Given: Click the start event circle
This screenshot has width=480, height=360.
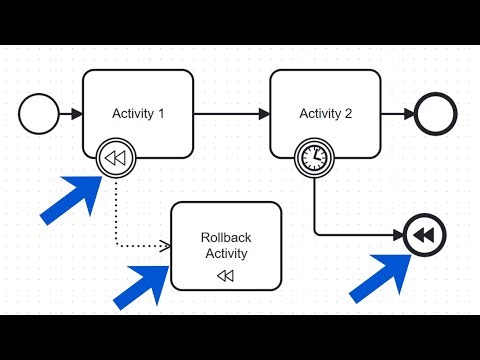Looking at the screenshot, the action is pyautogui.click(x=40, y=114).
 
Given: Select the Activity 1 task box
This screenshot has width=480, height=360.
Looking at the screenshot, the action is pyautogui.click(x=138, y=90).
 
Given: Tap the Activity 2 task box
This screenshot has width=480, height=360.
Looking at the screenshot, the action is pyautogui.click(x=326, y=90).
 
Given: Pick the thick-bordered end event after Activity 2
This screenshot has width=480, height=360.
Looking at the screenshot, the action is pyautogui.click(x=435, y=114).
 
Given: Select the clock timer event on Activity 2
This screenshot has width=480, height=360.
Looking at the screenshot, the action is pyautogui.click(x=314, y=157).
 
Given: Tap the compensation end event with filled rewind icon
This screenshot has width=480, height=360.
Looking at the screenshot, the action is pyautogui.click(x=424, y=236).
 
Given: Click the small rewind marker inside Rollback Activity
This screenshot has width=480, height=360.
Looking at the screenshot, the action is pyautogui.click(x=226, y=275).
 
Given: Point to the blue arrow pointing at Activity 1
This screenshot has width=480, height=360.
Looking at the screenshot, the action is pyautogui.click(x=70, y=196).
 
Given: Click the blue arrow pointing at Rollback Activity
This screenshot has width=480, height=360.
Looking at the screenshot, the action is pyautogui.click(x=143, y=283).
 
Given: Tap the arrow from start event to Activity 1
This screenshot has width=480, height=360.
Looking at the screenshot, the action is pyautogui.click(x=71, y=114).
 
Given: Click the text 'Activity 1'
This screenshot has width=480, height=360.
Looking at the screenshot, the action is pyautogui.click(x=138, y=113).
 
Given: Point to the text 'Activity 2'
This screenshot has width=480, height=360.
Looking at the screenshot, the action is pyautogui.click(x=326, y=113).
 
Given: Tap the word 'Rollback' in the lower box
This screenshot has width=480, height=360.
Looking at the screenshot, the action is pyautogui.click(x=226, y=237).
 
